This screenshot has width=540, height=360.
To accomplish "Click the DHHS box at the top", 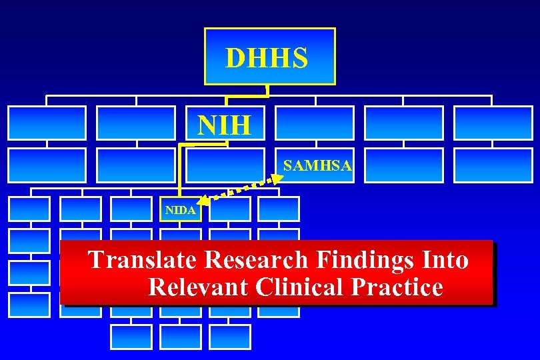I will tap(269, 57).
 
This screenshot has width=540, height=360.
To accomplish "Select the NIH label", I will tap(224, 123).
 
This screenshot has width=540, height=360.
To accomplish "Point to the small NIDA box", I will tap(180, 210).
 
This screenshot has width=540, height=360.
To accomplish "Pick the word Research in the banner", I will tap(256, 260).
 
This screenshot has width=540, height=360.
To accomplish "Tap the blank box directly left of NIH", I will tap(136, 123).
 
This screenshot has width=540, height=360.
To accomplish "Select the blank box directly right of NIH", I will tap(315, 123).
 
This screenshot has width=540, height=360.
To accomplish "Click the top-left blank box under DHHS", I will tap(47, 123).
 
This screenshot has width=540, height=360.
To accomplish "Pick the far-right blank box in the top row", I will tap(493, 123).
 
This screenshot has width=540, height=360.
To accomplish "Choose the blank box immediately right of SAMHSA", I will tap(403, 165).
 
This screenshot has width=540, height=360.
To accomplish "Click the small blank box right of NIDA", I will tap(229, 209).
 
